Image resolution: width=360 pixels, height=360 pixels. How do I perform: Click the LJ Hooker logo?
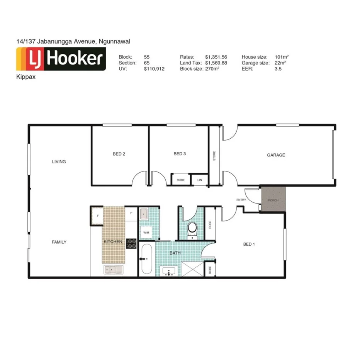click(x=61, y=59)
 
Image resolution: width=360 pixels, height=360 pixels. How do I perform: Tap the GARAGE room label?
click(x=276, y=155)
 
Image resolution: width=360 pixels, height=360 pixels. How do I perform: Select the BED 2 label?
click(x=119, y=154)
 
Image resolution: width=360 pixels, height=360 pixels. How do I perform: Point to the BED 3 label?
click(x=180, y=154)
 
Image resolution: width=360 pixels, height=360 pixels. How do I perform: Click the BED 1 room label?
click(x=249, y=244)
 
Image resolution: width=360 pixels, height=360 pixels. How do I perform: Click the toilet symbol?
click(x=191, y=229)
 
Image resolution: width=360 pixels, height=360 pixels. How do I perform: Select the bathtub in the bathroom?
click(x=146, y=260)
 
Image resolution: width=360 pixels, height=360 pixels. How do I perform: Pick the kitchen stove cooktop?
click(x=131, y=243)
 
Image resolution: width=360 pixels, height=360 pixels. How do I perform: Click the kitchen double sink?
click(x=113, y=270)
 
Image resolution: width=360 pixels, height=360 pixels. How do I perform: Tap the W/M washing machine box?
click(x=146, y=233)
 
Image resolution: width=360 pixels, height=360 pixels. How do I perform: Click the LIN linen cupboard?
click(x=200, y=180)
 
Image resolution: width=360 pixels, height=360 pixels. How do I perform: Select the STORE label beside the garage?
click(x=214, y=156)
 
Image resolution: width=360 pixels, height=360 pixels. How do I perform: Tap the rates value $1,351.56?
click(x=216, y=57)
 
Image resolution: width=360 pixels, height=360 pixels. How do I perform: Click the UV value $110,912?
click(x=154, y=69)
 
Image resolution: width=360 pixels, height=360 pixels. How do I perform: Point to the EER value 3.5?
click(x=278, y=69)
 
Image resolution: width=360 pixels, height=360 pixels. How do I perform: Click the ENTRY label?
click(x=241, y=200)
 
